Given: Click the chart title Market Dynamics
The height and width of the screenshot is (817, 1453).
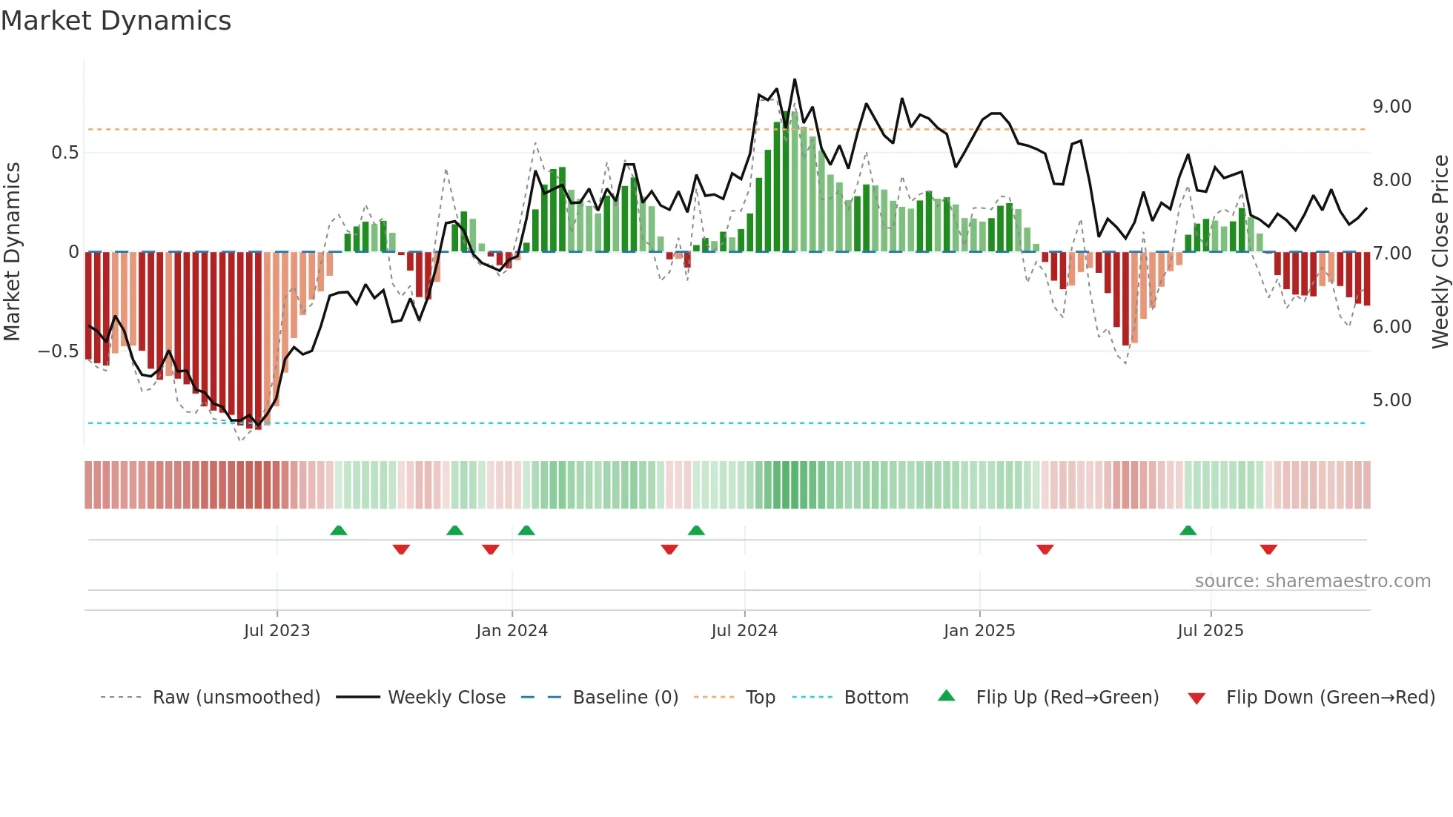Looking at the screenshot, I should tap(116, 21).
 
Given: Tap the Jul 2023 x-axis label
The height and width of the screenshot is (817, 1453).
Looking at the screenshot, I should tap(277, 631).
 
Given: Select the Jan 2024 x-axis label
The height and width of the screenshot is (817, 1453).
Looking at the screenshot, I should tap(512, 631).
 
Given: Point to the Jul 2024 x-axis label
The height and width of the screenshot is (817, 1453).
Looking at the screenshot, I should tap(744, 631).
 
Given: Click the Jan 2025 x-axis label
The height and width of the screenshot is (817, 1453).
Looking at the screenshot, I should tap(979, 631).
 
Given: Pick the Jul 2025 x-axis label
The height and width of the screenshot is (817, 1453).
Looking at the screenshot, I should tap(1211, 631).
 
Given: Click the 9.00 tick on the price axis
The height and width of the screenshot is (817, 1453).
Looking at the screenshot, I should tap(1391, 107).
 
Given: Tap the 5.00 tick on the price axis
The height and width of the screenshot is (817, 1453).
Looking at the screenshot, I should tap(1391, 400).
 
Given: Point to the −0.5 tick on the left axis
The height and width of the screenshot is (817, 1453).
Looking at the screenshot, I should tap(58, 351).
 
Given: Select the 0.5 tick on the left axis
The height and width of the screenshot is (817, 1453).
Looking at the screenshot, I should tap(64, 153).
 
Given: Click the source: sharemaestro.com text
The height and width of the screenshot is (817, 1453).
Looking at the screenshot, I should tap(1312, 581).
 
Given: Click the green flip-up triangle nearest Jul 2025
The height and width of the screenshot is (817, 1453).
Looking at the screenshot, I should tap(1188, 531).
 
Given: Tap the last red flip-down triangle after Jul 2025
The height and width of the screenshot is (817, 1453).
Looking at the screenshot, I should tap(1268, 549).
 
